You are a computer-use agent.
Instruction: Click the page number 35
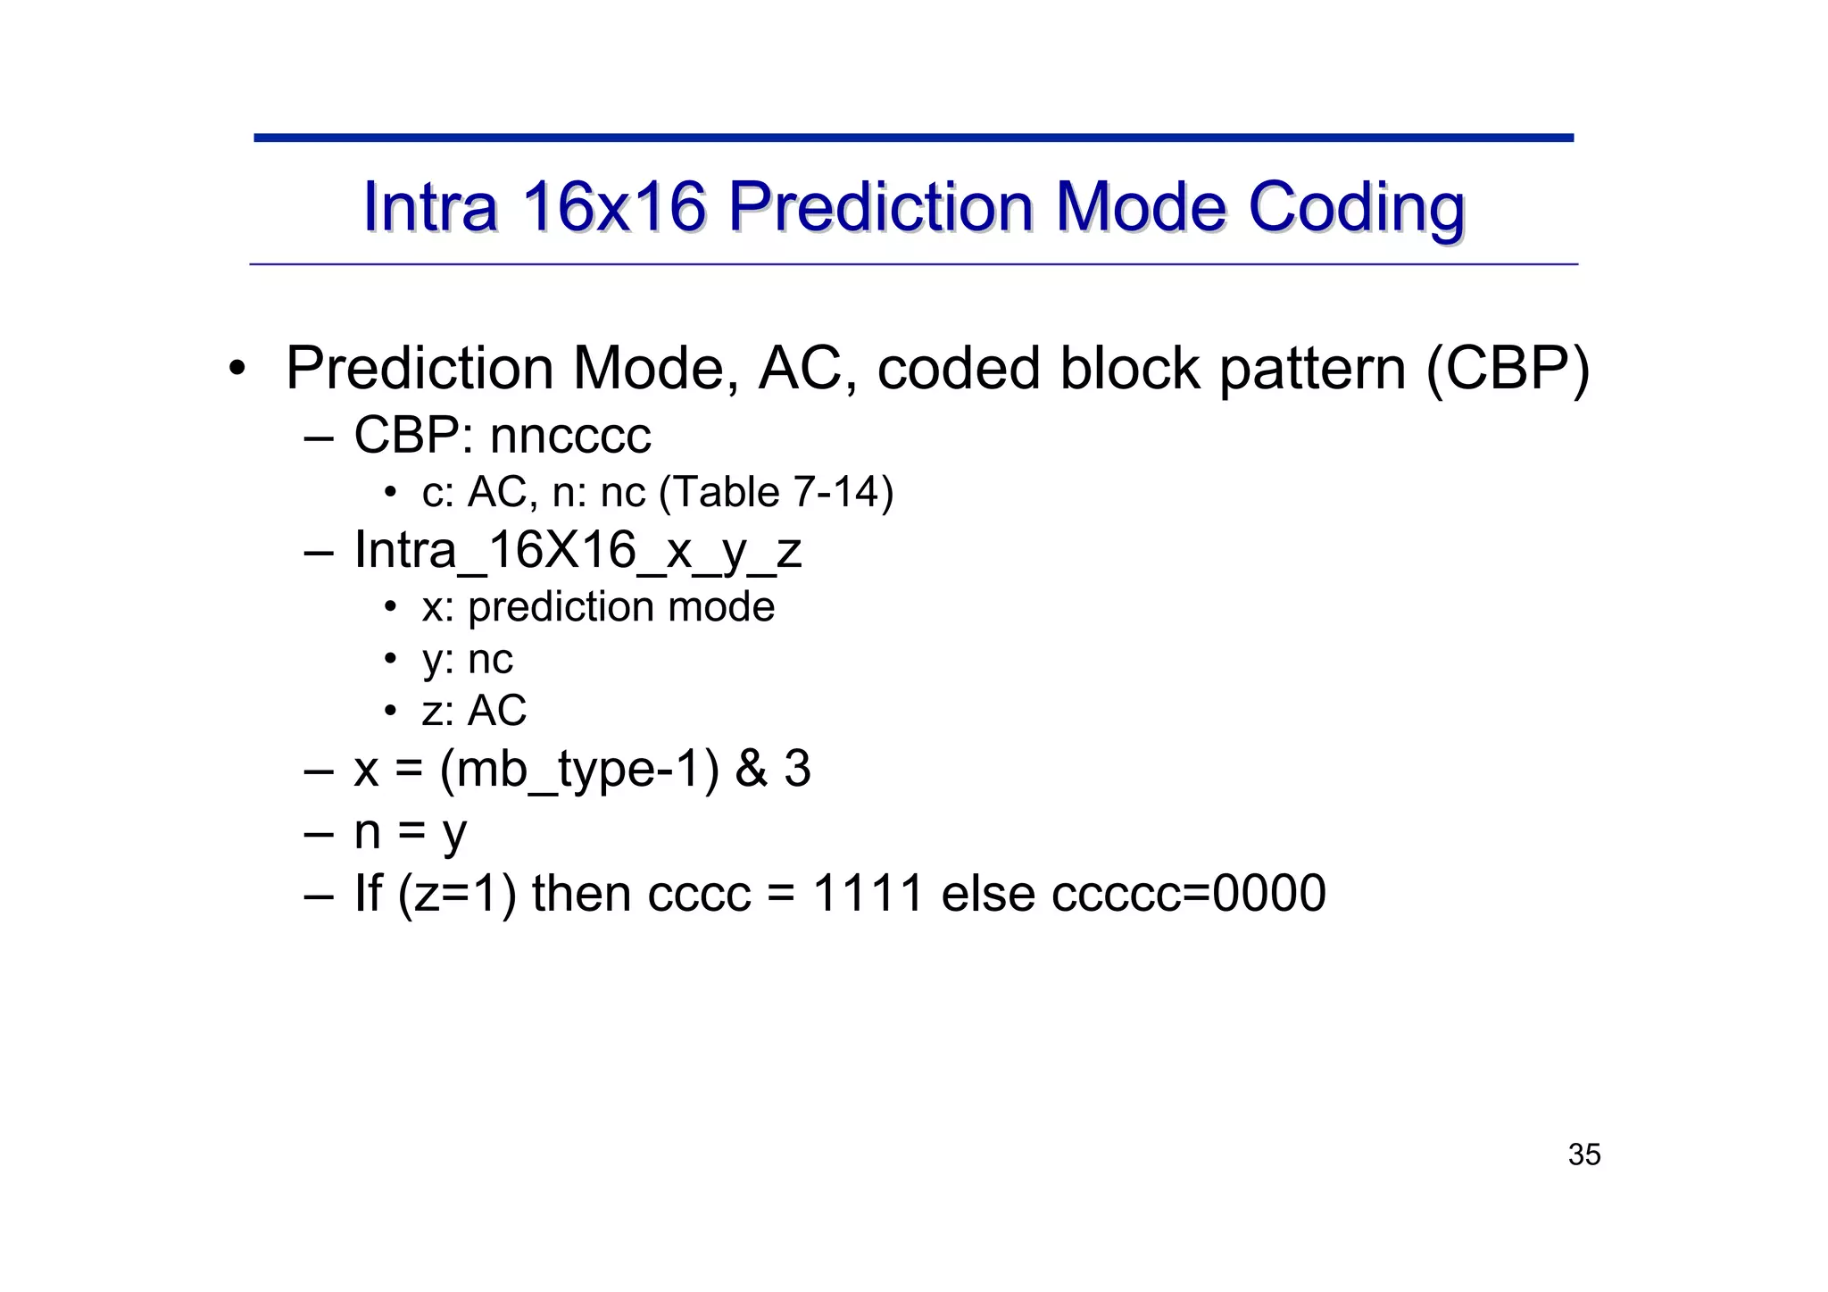[1584, 1154]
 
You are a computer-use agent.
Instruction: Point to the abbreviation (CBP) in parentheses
[1508, 368]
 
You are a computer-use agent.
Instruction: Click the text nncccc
[570, 436]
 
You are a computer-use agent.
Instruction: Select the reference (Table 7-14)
[776, 492]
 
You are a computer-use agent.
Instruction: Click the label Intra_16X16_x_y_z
[577, 549]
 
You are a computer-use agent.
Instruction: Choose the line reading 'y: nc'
[467, 660]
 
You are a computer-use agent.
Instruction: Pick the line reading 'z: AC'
[474, 712]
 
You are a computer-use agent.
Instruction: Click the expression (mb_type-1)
[579, 769]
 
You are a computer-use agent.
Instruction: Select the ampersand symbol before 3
[751, 769]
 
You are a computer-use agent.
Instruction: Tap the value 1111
[868, 893]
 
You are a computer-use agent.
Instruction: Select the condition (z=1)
[457, 894]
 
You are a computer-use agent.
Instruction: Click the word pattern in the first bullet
[1312, 368]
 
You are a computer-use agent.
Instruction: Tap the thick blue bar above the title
[913, 138]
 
